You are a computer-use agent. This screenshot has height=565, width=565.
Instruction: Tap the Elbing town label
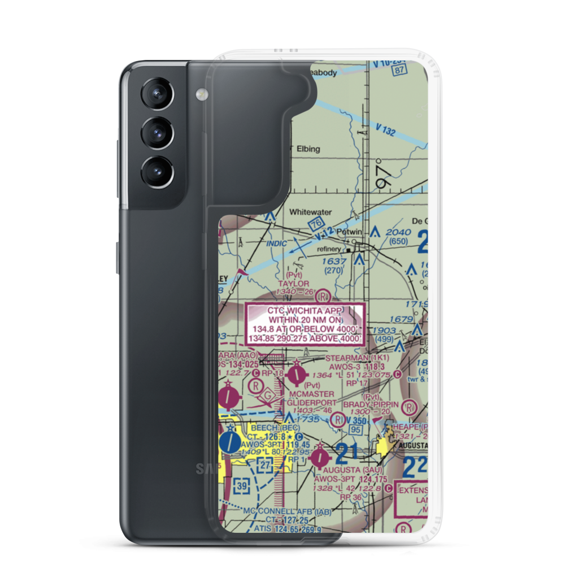(x=306, y=149)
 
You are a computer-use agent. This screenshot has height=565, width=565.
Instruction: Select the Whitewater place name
(x=310, y=212)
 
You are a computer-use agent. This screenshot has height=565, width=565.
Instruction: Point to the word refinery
(x=329, y=249)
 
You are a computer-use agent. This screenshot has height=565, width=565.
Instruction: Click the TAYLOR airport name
(x=294, y=283)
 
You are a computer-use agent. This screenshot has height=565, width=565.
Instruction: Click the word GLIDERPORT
(x=311, y=403)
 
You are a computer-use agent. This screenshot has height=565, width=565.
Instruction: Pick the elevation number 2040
(x=398, y=232)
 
